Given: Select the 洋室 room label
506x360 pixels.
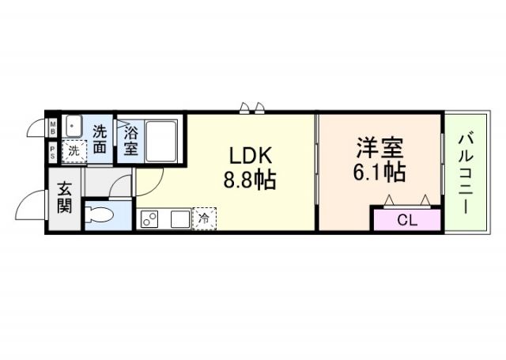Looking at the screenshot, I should [379, 147].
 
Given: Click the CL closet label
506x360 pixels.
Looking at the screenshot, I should [406, 221].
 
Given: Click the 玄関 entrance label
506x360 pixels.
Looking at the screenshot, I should [64, 201].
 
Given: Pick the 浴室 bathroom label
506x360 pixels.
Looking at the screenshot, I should [130, 140].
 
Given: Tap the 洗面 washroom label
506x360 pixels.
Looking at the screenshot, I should [100, 138].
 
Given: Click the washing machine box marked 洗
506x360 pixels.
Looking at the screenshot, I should [73, 150].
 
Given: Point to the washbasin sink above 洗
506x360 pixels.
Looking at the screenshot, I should [74, 126].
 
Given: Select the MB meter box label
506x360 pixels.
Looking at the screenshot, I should [52, 127].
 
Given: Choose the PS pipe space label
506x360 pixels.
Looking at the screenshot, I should [52, 151].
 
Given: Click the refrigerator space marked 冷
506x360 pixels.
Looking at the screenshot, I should [203, 218].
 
